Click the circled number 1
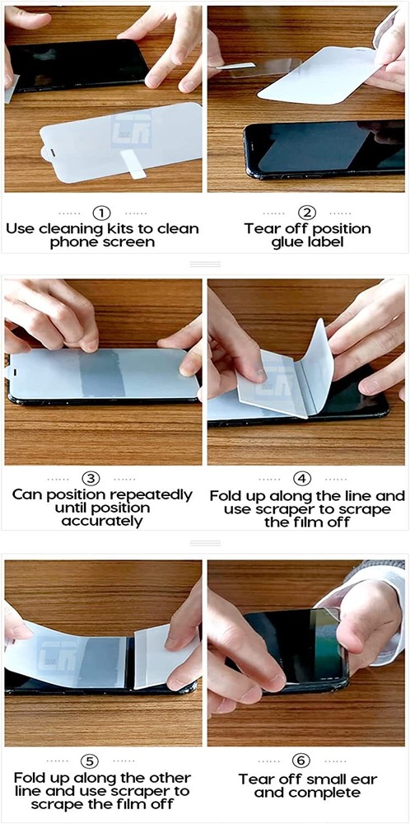102,213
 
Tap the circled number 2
307,213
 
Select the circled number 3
102,479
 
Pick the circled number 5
102,760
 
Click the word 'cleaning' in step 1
77,228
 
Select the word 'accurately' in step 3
102,522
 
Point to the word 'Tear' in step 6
259,779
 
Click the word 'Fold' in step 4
227,497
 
